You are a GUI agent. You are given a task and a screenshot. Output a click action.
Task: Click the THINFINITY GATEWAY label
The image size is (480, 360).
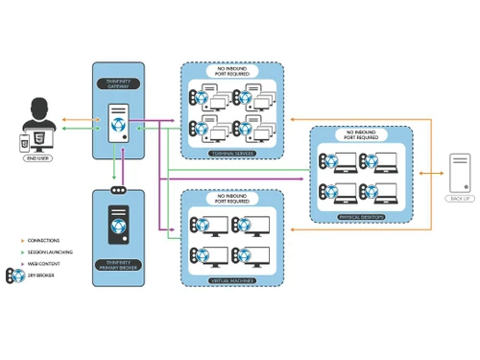pos(118,84)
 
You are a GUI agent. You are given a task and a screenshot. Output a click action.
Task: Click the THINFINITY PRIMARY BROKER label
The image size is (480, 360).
pos(118,266)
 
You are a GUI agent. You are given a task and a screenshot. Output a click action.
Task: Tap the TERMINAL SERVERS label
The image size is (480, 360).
pos(231,154)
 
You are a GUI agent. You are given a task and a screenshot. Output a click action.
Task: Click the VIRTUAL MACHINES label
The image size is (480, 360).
pos(231,280)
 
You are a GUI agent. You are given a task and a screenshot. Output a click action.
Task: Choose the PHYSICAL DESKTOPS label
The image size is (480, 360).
pos(360,217)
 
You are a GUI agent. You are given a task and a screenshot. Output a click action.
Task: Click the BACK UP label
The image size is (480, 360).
pos(460,199)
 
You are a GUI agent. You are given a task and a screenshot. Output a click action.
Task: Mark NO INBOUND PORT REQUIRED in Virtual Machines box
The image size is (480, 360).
pos(231,199)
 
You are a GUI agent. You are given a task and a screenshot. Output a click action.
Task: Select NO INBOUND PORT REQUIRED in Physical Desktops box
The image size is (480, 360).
pos(360,135)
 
